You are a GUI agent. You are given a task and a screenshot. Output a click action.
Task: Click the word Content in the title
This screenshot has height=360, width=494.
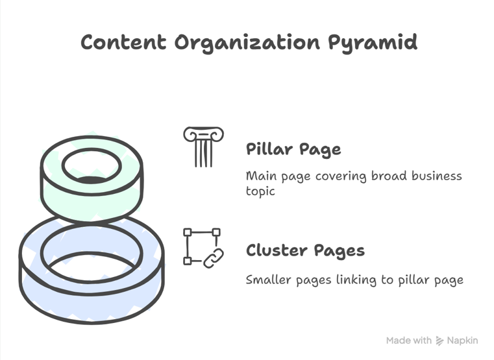123,43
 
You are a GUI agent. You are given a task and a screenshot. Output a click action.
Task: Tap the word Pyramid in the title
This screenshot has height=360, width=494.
372,43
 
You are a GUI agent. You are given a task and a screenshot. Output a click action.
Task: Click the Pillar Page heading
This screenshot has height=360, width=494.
293,149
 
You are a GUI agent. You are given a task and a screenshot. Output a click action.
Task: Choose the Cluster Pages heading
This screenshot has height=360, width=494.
305,250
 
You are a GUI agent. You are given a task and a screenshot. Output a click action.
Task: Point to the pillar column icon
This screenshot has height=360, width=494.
203,147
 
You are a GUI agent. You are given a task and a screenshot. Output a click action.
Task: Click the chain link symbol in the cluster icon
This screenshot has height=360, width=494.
214,258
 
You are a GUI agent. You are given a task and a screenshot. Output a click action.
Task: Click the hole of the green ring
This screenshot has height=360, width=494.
92,166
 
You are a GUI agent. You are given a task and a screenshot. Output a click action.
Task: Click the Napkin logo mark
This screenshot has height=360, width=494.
439,341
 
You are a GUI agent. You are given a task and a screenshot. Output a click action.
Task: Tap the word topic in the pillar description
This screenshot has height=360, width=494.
260,192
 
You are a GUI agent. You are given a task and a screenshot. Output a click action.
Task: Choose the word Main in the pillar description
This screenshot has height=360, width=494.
260,176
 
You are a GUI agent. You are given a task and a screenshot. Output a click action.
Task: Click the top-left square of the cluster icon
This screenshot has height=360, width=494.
188,232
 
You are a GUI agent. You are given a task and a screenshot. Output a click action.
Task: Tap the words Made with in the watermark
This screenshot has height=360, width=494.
408,341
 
